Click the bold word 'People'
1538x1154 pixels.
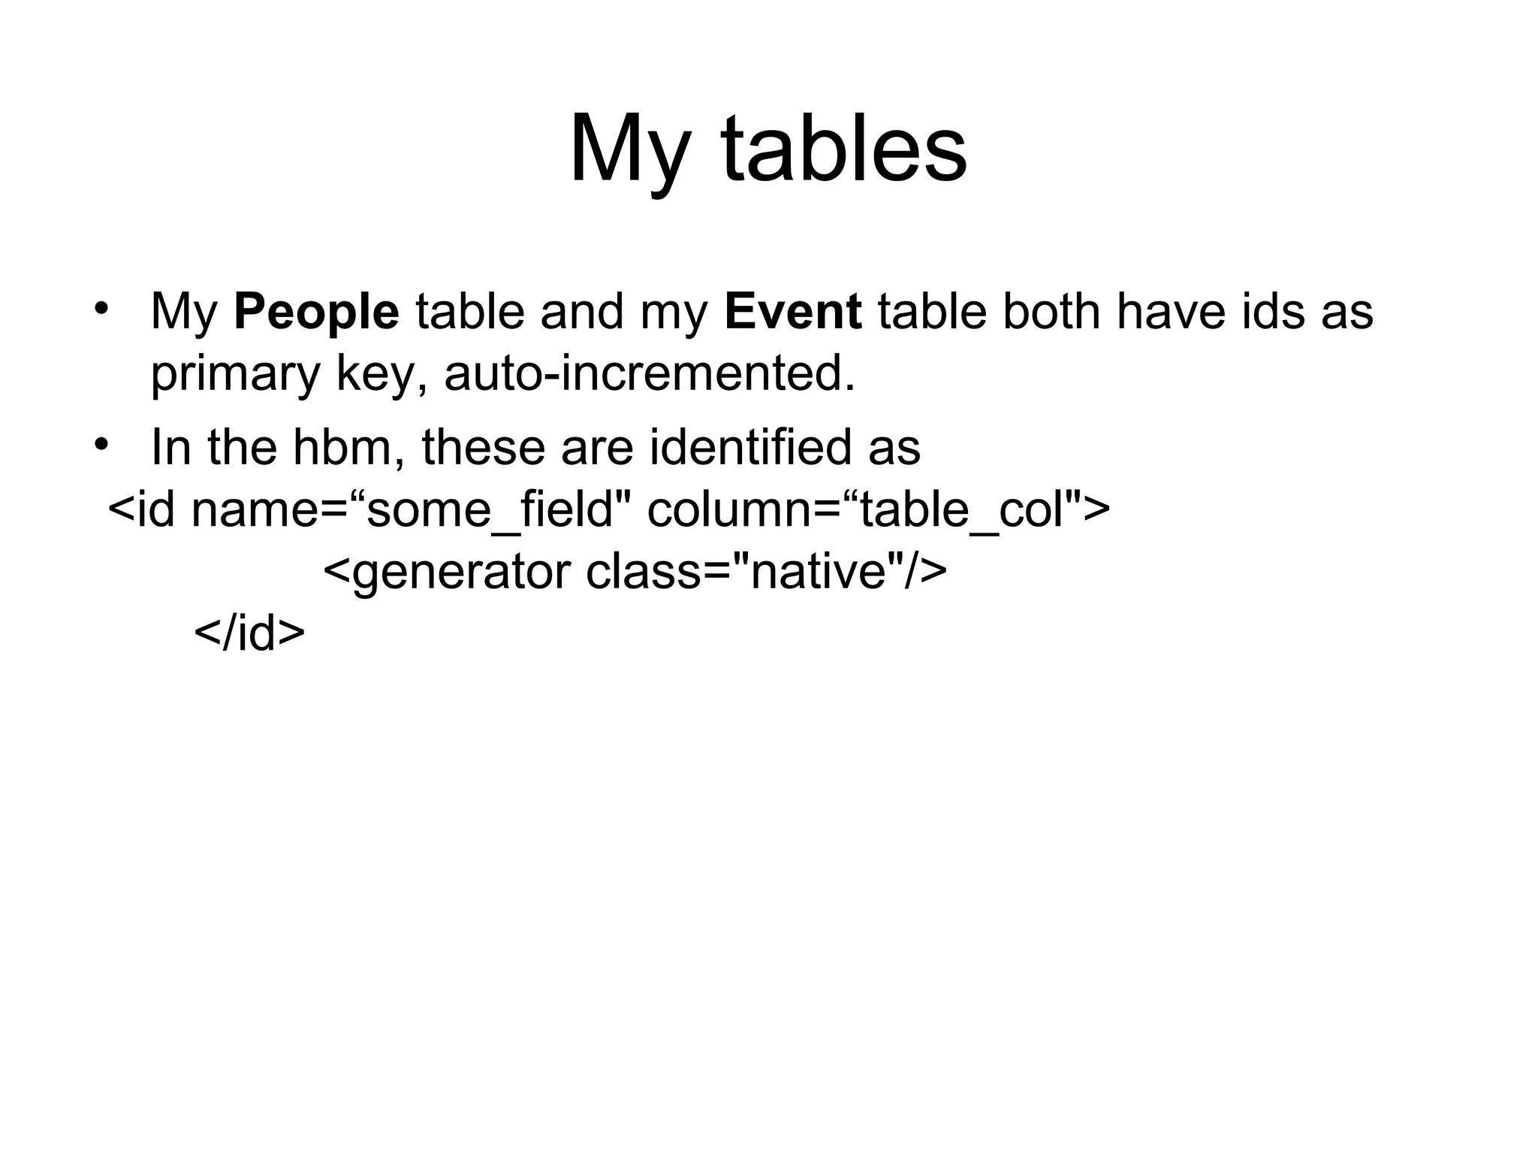[x=316, y=312]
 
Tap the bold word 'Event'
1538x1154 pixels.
[x=793, y=312]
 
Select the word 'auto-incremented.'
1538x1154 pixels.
[x=650, y=373]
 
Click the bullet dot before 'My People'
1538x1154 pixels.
[x=102, y=310]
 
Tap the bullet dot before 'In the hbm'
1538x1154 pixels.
[x=102, y=445]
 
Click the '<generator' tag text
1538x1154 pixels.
[x=448, y=572]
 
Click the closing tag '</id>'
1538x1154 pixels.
[x=249, y=633]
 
